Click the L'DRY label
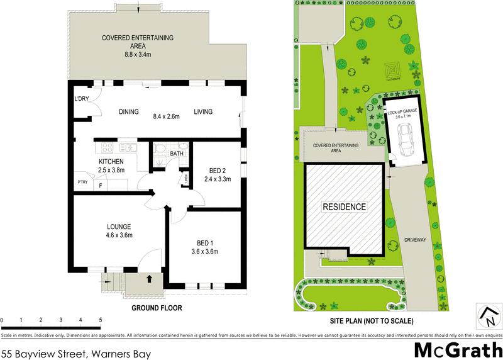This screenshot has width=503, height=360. pyautogui.click(x=82, y=99)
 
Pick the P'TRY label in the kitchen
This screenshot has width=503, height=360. pyautogui.click(x=82, y=183)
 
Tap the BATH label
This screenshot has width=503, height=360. pyautogui.click(x=177, y=153)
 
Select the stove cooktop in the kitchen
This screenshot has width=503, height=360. pyautogui.click(x=107, y=149)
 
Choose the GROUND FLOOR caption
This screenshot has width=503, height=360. pyautogui.click(x=157, y=308)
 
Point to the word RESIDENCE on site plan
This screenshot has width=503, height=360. pyautogui.click(x=344, y=206)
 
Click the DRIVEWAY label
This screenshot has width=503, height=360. pyautogui.click(x=416, y=240)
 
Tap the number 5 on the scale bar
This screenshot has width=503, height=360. pyautogui.click(x=101, y=320)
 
